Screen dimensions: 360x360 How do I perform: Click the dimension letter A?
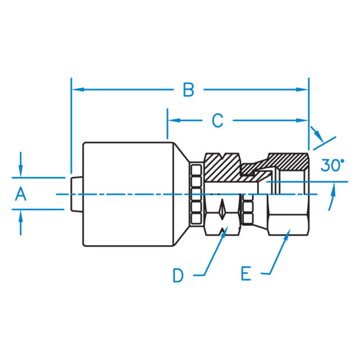tap(21, 194)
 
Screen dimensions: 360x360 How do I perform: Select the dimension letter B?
tap(188, 90)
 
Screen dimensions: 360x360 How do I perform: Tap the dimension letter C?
tap(217, 120)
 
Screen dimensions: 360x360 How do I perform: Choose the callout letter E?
tap(246, 274)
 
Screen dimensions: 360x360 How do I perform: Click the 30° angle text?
tap(332, 165)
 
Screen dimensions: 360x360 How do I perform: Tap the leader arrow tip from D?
tap(226, 231)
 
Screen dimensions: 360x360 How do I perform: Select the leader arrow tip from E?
tap(287, 231)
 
